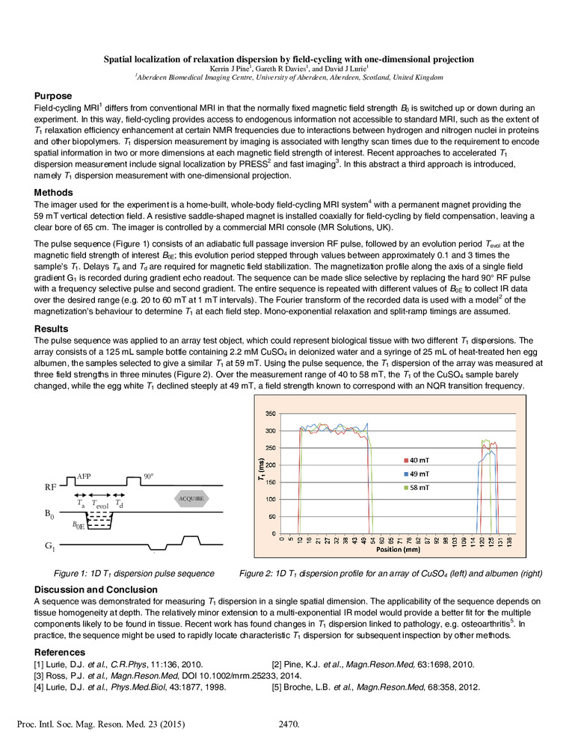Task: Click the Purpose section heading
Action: click(x=53, y=96)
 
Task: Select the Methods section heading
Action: click(x=53, y=192)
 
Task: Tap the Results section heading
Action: click(x=52, y=328)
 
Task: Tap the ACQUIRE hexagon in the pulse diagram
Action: click(x=191, y=498)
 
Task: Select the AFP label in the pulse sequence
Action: click(x=84, y=476)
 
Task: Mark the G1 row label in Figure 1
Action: click(x=52, y=547)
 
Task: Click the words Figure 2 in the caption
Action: click(x=258, y=573)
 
